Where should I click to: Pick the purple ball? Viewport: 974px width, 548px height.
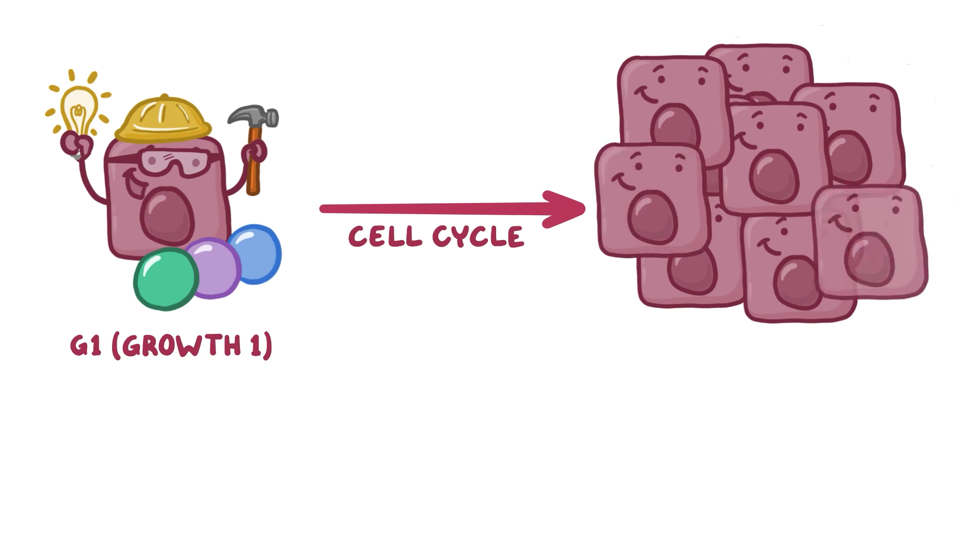213,267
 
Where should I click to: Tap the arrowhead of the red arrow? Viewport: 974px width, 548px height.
566,209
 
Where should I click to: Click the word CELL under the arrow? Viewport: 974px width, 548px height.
385,237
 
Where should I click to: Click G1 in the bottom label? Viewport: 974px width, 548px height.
86,347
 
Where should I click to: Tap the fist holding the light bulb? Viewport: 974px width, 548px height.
76,145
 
